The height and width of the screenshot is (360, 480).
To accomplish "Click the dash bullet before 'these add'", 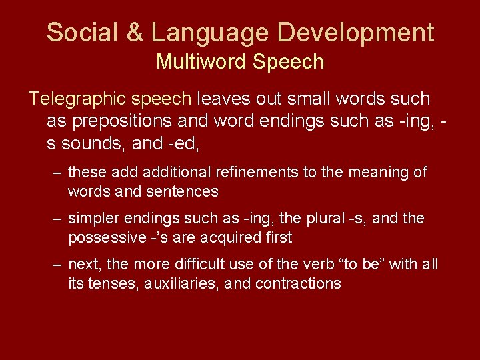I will tap(58, 172).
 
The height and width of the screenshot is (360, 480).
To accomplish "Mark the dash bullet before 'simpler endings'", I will tap(58, 218).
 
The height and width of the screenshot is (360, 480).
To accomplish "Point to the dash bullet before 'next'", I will tap(58, 264).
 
